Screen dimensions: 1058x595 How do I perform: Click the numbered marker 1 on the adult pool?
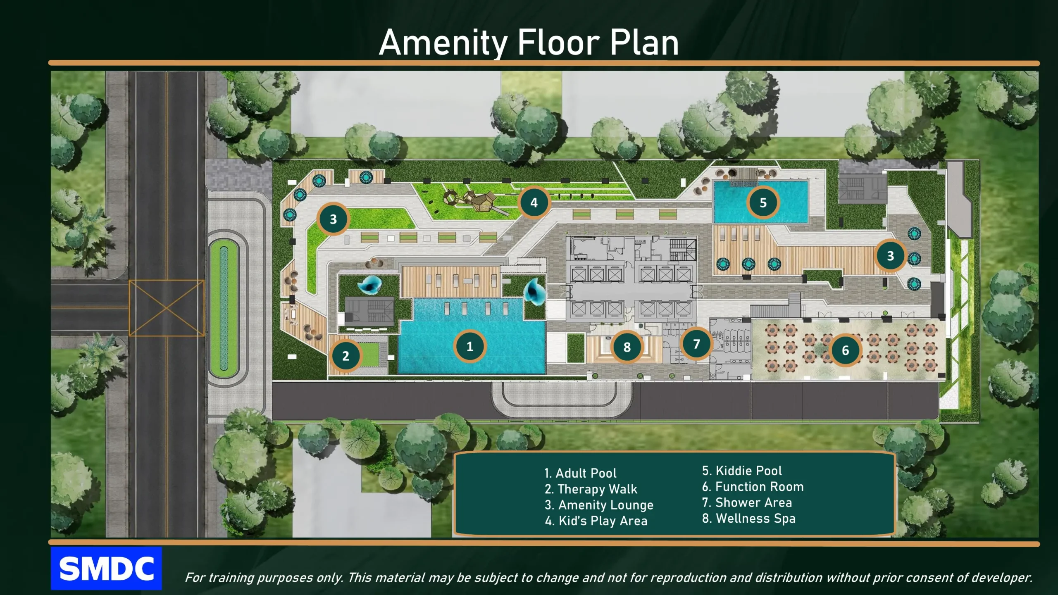point(469,346)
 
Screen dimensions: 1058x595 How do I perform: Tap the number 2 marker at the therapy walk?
point(346,355)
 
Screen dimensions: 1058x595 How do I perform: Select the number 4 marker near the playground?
point(534,202)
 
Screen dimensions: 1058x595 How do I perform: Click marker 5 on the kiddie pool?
point(763,202)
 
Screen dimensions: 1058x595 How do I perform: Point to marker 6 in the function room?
point(846,350)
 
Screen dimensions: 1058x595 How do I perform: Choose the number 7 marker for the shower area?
point(696,344)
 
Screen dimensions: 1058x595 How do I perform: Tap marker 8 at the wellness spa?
point(627,347)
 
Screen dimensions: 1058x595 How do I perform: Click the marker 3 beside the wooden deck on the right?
point(890,256)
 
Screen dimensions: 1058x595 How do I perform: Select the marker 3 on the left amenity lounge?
point(333,219)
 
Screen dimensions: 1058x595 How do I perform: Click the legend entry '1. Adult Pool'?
point(580,473)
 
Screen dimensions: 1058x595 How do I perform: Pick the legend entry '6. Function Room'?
point(753,487)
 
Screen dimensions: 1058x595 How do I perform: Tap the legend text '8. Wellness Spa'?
point(748,519)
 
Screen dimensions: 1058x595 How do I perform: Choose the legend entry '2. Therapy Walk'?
point(591,489)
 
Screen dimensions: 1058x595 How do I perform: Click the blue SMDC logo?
point(106,568)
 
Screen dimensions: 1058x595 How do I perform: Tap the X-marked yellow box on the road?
point(167,308)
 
